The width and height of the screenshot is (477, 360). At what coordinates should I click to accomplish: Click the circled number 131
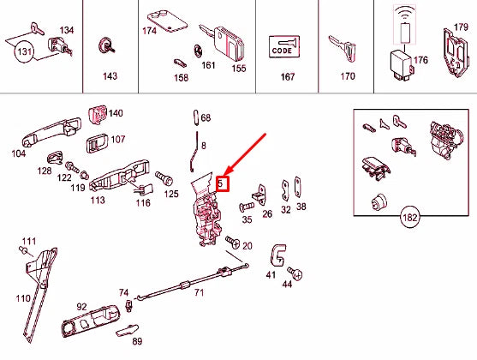coord(24,51)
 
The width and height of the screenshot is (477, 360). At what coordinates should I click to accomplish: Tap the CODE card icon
coord(284,46)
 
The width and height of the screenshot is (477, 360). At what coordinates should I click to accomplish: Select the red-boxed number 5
coord(223,183)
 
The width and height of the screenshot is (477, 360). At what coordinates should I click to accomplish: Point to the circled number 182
coord(409,218)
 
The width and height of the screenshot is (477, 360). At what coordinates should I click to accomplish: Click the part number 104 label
coord(19,153)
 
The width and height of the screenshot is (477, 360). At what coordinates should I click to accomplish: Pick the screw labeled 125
coord(164,178)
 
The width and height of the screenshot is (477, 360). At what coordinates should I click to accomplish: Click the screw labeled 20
coord(233,242)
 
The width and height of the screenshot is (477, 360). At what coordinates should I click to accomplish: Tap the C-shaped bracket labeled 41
coord(278,255)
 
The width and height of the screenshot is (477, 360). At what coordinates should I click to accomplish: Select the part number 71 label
coord(199,292)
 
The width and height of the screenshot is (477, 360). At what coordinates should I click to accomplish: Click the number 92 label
coord(81,307)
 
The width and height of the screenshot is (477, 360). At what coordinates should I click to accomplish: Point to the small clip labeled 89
coord(127,331)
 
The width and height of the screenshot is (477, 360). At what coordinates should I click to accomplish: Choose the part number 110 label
coord(23,298)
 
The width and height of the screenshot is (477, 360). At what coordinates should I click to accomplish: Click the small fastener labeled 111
coord(24,250)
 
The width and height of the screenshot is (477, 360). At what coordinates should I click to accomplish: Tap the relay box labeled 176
coord(402,65)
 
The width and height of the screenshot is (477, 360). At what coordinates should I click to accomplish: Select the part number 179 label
coord(461,27)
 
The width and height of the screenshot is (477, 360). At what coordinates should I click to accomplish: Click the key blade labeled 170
coord(343,48)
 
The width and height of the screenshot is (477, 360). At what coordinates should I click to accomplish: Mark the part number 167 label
coord(288,76)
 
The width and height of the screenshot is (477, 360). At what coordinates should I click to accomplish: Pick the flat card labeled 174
coord(168,21)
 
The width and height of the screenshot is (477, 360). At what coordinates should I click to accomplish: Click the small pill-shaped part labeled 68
coord(196,117)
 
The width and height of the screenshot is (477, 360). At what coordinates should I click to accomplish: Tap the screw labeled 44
coord(295,273)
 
